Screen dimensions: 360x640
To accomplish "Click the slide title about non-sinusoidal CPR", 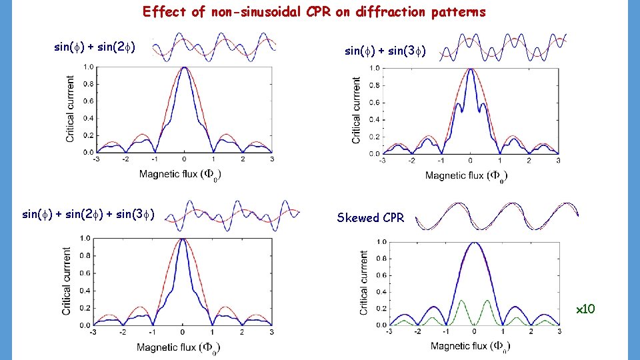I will (314, 12).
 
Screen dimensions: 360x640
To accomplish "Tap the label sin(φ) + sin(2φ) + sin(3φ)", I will (89, 214).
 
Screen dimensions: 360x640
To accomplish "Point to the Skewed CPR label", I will (370, 218).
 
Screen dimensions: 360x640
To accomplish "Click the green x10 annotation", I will (585, 309).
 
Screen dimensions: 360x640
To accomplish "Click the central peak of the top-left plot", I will (184, 68).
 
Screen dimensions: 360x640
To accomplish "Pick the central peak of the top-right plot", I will (470, 69).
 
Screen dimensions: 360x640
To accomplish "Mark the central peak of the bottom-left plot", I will (183, 239).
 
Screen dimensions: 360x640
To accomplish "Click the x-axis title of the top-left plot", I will (180, 175).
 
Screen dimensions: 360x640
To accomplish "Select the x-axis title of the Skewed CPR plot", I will (471, 346).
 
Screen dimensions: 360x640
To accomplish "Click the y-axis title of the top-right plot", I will (357, 110).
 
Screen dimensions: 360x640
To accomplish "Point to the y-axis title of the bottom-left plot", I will (67, 281).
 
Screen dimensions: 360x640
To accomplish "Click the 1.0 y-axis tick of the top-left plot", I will (87, 67).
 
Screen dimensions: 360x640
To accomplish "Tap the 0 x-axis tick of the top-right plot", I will (470, 161).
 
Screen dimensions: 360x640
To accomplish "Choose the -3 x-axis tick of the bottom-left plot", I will (94, 332).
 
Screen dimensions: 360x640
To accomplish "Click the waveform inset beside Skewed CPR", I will (497, 215).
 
